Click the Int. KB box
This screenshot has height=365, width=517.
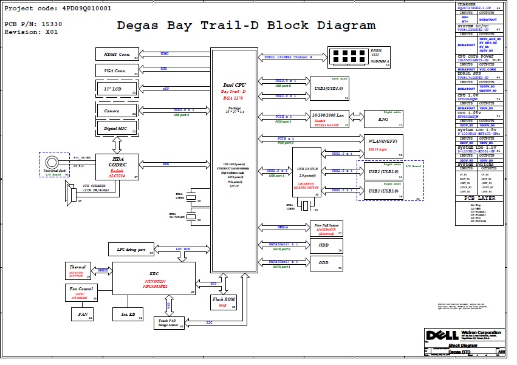128,314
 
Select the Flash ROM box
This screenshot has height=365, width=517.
223,302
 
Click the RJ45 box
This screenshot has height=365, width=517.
384,119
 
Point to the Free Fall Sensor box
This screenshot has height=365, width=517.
326,228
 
